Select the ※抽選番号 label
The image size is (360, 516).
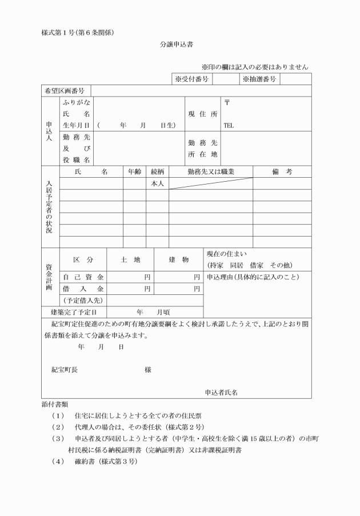[x=259, y=79]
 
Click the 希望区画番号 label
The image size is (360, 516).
[x=65, y=91]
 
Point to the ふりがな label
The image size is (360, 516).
[x=76, y=103]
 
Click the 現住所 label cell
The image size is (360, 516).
[x=203, y=114]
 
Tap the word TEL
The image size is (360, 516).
[x=229, y=125]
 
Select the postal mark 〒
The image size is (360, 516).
[x=227, y=103]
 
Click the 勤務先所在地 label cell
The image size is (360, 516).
[x=203, y=149]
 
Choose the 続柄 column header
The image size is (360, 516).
[x=158, y=171]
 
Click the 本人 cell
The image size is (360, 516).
[x=158, y=183]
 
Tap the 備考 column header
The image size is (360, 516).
[x=282, y=171]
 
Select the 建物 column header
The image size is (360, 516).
[x=179, y=260]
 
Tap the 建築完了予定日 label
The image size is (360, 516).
[x=71, y=313]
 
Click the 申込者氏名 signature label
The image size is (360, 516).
[x=221, y=393]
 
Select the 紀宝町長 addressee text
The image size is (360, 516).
[x=65, y=370]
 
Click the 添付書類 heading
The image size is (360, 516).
[x=55, y=403]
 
